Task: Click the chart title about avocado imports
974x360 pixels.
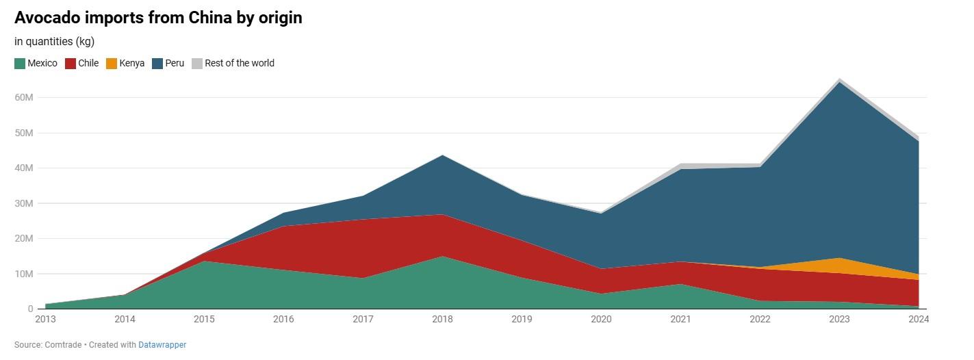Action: pos(158,18)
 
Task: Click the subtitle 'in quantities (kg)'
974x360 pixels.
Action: pos(54,42)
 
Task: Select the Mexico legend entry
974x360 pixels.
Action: pos(36,63)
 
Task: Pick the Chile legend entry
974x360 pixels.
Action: pos(81,63)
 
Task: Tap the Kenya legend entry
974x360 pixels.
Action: pos(125,63)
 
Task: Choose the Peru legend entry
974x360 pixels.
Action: pos(168,63)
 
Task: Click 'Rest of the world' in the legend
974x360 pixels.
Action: pos(233,63)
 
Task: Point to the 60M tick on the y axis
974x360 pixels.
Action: pos(24,98)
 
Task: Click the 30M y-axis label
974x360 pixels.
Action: pos(24,203)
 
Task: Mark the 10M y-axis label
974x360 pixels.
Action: pos(24,274)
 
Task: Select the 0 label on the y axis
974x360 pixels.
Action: pos(29,309)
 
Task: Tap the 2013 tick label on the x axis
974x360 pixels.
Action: pos(45,319)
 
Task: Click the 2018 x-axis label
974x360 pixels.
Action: pos(443,319)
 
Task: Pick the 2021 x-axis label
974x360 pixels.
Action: pos(680,319)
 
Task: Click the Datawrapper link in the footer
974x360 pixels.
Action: pos(162,345)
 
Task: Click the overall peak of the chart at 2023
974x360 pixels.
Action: pos(839,79)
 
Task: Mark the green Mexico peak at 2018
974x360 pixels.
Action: pos(443,257)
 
